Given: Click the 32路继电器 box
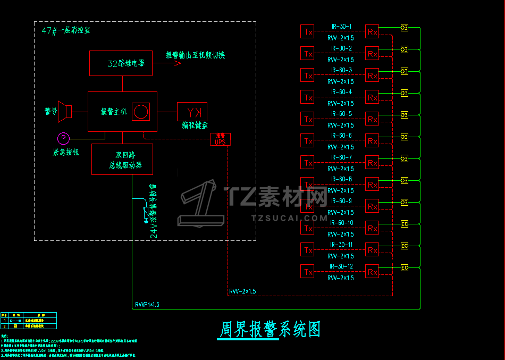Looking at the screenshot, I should (121, 63).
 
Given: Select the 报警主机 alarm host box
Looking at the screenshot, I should (122, 112).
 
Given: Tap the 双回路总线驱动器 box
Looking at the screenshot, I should (122, 159).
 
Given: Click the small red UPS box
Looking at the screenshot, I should (220, 139).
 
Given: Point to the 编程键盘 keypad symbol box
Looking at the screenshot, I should (192, 112).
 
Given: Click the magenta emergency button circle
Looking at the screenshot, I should (64, 138).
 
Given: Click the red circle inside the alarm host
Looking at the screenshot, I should (141, 112).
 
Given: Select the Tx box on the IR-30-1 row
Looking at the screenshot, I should (308, 31).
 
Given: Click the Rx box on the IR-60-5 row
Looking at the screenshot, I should (373, 119).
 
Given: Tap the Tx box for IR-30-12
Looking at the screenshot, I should (308, 272).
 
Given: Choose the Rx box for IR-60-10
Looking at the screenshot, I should (373, 228).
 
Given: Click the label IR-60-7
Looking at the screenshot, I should (341, 157).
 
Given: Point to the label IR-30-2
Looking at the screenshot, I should (341, 48).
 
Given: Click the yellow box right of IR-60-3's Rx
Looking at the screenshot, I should (404, 71).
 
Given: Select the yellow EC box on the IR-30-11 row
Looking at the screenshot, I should (404, 246).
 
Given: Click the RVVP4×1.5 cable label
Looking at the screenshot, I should (147, 305).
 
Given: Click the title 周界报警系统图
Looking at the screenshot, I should (270, 330).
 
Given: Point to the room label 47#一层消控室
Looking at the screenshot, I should (66, 30).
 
